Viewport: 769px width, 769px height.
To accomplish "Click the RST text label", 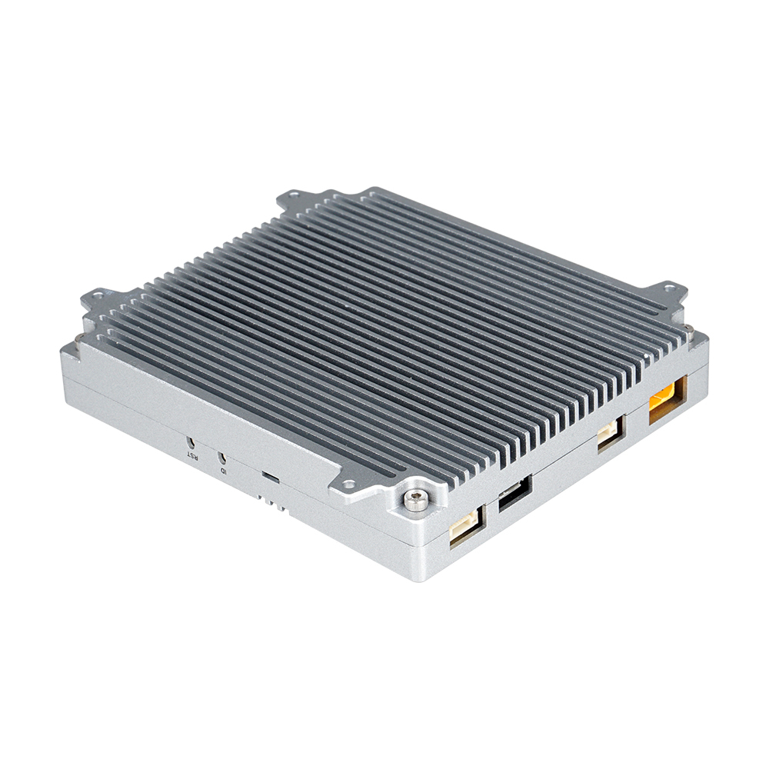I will (x=191, y=454).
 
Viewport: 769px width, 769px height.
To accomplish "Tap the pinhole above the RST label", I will (x=191, y=442).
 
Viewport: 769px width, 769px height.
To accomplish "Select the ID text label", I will (x=223, y=468).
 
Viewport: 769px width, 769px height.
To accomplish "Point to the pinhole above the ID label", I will (x=222, y=457).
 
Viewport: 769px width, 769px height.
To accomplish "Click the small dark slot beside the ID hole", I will (x=270, y=478).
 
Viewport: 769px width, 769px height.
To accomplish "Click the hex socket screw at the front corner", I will (x=415, y=500).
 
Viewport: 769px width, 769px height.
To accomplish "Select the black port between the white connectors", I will (x=514, y=494).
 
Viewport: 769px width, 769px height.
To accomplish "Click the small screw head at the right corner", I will (x=688, y=330).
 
